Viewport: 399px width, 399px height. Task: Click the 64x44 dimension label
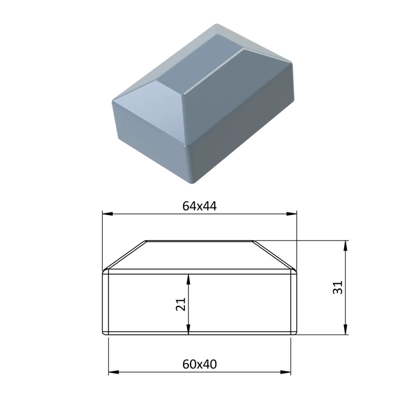(199, 206)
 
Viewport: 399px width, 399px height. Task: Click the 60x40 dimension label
(199, 364)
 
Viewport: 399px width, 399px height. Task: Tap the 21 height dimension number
(181, 304)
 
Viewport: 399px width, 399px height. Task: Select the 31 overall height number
(338, 288)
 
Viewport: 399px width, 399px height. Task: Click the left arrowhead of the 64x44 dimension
(107, 214)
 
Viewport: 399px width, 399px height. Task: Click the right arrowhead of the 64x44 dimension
(291, 214)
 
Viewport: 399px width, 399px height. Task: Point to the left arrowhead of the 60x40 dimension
(114, 372)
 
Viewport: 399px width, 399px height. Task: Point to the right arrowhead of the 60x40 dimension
(285, 372)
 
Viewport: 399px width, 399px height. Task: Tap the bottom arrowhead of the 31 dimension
(345, 330)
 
